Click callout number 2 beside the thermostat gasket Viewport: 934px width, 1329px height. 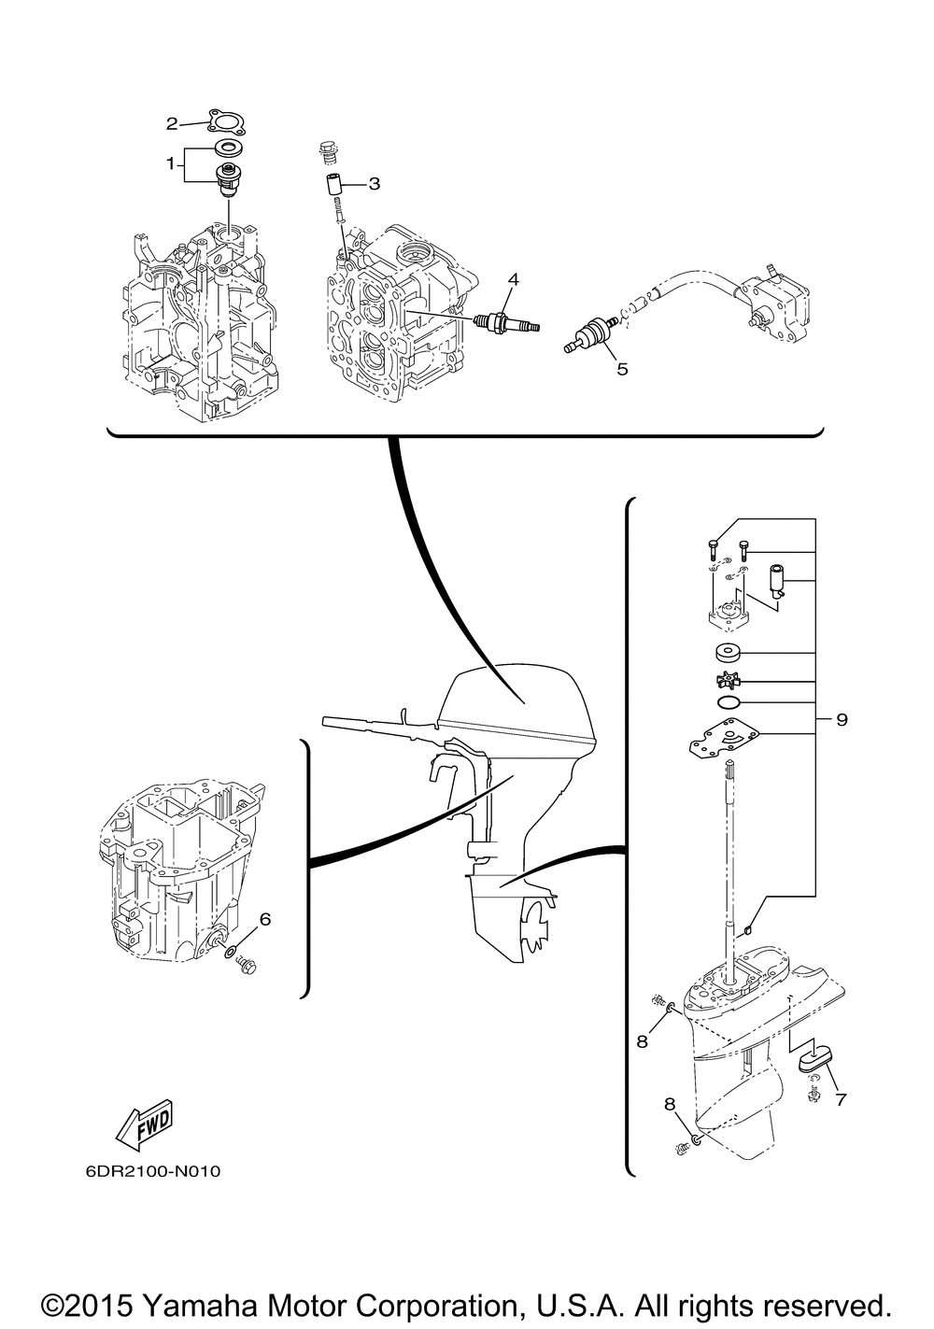(172, 124)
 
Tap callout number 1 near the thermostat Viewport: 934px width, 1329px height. (171, 163)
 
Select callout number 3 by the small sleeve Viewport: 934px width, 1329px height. (374, 184)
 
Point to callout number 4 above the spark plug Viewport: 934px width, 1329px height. (513, 279)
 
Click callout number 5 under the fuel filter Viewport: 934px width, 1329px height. (622, 369)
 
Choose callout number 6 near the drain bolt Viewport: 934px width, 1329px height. (264, 919)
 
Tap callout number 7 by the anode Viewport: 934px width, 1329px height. (841, 1099)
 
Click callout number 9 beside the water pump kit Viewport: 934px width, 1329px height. (842, 720)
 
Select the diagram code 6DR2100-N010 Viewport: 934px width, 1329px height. (152, 1172)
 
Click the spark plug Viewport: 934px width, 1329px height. (507, 323)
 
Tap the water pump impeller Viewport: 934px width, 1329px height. (728, 680)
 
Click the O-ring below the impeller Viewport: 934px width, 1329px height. (728, 703)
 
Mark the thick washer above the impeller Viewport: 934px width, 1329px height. (728, 653)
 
